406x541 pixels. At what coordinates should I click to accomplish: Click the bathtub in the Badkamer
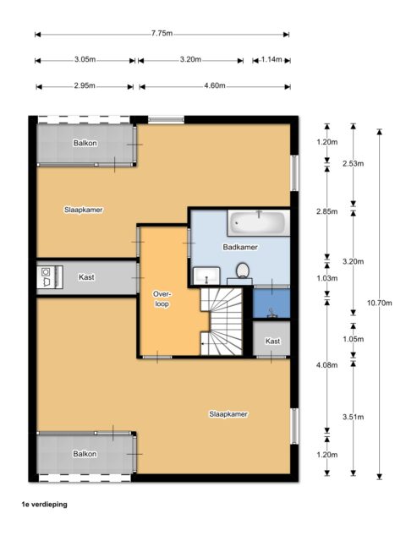point(256,224)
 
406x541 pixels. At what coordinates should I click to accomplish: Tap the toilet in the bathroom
point(242,271)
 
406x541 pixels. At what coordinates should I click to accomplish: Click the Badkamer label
point(240,247)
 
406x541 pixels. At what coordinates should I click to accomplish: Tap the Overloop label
point(162,299)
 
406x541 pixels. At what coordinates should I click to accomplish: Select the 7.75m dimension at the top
point(162,34)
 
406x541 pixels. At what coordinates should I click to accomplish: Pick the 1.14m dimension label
point(272,60)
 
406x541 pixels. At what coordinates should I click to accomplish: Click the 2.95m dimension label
point(84,86)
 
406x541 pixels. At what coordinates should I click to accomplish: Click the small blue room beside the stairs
point(272,303)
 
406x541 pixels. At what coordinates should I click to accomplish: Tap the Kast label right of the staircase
point(272,341)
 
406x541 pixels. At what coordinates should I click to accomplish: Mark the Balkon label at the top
point(85,143)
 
